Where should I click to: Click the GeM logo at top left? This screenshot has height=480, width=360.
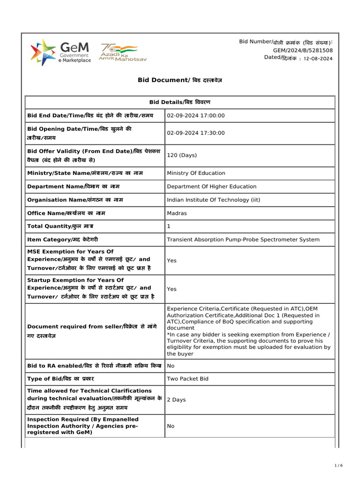pyautogui.click(x=60, y=52)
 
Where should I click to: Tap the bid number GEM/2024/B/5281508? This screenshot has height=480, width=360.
pyautogui.click(x=303, y=50)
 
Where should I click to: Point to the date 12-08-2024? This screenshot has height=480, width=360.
pyautogui.click(x=318, y=59)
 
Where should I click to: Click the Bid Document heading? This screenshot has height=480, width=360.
pyautogui.click(x=180, y=80)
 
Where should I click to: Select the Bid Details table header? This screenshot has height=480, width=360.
pyautogui.click(x=180, y=102)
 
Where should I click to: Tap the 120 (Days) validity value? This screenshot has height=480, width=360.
pyautogui.click(x=182, y=155)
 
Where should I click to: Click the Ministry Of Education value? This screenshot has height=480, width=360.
pyautogui.click(x=196, y=173)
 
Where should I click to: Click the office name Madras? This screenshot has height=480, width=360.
pyautogui.click(x=177, y=213)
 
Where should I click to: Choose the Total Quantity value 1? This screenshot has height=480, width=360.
pyautogui.click(x=169, y=226)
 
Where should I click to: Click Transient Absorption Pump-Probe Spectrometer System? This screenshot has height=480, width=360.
pyautogui.click(x=243, y=240)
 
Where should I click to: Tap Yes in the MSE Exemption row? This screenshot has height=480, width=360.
pyautogui.click(x=172, y=260)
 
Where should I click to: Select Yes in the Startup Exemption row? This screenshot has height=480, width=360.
pyautogui.click(x=172, y=289)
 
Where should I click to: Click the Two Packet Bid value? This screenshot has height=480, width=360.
pyautogui.click(x=187, y=379)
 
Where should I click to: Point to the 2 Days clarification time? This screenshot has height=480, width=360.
pyautogui.click(x=176, y=400)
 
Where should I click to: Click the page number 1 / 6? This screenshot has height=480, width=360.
pyautogui.click(x=339, y=465)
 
